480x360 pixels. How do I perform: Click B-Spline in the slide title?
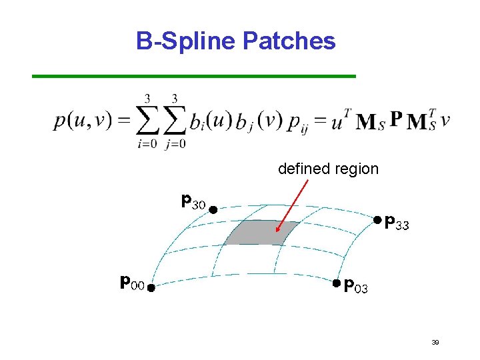coord(186,41)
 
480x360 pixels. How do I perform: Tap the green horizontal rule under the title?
coord(194,77)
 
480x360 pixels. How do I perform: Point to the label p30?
coord(193,200)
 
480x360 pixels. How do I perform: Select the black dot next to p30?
coord(212,209)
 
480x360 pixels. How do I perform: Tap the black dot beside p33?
coord(377,219)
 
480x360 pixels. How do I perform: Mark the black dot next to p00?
coord(151,288)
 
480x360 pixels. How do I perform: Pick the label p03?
coord(355,286)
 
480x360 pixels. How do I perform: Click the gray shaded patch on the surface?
coord(260,233)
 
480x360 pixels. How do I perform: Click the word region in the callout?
coord(357,169)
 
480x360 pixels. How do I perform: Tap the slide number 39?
coord(435,342)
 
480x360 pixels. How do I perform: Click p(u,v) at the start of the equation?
coord(80,121)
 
